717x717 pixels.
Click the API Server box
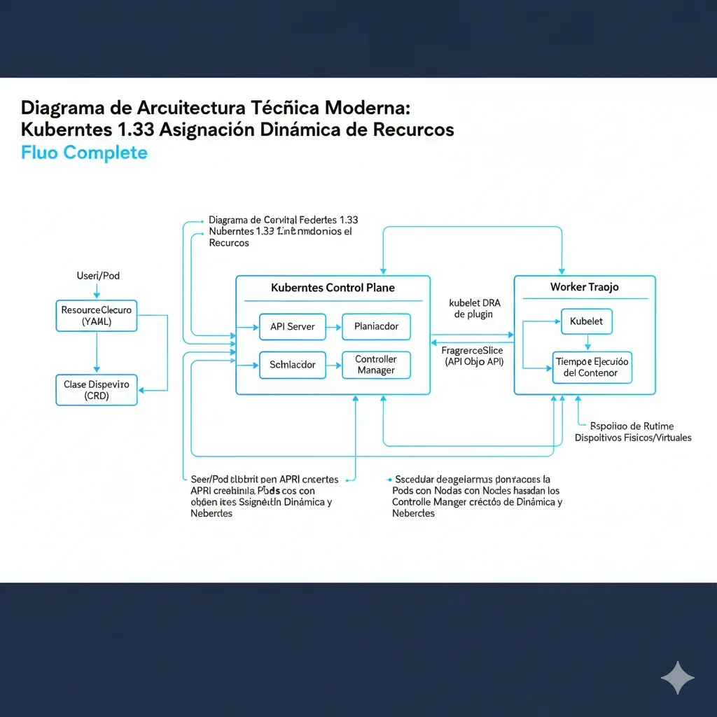(292, 326)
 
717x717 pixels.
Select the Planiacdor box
(376, 326)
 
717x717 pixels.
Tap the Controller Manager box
(376, 365)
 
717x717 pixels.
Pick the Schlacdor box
(292, 365)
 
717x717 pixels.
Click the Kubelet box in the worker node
(587, 321)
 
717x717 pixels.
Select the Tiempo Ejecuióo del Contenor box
(592, 367)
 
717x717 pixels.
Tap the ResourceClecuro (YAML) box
(97, 316)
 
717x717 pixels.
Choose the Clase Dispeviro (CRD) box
(97, 390)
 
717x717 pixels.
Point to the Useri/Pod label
(97, 276)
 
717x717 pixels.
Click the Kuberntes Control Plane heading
(333, 288)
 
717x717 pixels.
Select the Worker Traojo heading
(584, 287)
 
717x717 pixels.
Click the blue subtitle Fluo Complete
(84, 152)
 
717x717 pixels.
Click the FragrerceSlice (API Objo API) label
(474, 355)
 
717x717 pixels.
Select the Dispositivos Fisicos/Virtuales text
(633, 438)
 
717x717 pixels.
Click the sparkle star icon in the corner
(678, 678)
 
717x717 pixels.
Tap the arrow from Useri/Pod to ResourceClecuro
(97, 291)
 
